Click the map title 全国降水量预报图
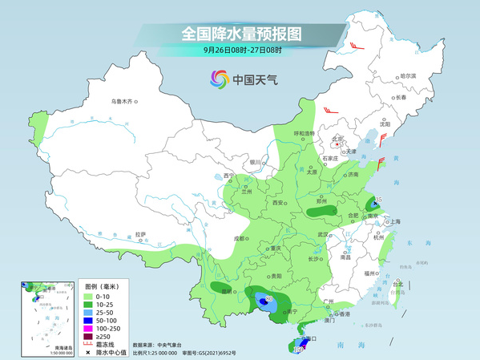(x=240, y=34)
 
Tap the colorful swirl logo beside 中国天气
(x=219, y=79)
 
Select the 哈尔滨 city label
(x=409, y=75)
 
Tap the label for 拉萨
(x=141, y=234)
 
